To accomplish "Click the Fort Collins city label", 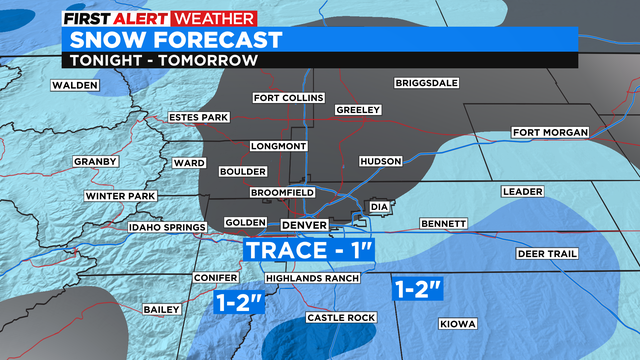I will click(288, 98).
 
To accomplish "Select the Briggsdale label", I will click(426, 83).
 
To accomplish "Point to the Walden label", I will click(75, 85).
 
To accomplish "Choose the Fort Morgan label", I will click(547, 132).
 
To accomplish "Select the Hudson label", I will click(380, 161).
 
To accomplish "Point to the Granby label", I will click(96, 161).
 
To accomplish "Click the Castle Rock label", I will click(332, 317).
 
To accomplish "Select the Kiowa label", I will click(458, 324).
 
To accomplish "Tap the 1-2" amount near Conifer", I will click(239, 298).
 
